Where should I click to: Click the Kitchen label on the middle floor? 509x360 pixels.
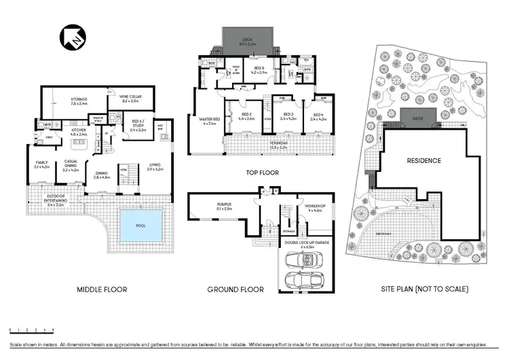tap(79, 131)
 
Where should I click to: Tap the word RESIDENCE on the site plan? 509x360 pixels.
tap(424, 161)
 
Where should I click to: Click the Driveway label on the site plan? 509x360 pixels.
tap(383, 233)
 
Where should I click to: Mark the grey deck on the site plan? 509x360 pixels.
tap(412, 118)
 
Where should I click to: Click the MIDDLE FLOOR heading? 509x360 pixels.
tap(102, 289)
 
